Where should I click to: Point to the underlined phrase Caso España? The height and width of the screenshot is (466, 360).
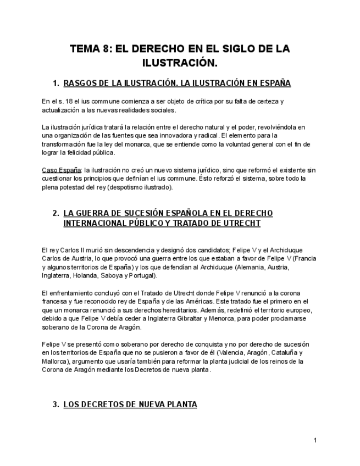pos(61,170)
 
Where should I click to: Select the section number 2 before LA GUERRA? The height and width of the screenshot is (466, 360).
pos(56,213)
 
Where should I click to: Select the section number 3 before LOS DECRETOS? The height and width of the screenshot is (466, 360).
pos(56,405)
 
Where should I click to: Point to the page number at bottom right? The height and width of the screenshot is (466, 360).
pos(315,440)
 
